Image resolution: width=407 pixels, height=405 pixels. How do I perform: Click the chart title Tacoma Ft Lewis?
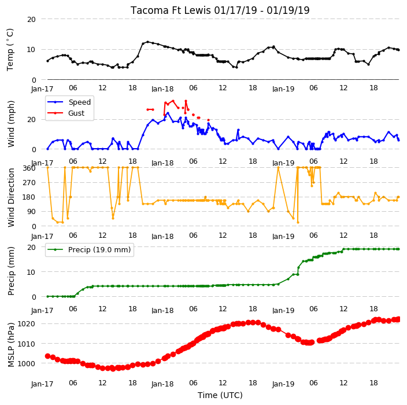click(171, 10)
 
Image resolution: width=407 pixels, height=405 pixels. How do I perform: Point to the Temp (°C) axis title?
click(10, 49)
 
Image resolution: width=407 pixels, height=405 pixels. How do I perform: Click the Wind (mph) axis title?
click(11, 124)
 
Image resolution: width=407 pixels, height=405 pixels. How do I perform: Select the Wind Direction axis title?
click(11, 197)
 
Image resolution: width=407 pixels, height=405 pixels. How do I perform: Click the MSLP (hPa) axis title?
click(11, 344)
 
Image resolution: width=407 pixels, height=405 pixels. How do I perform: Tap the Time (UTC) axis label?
click(220, 395)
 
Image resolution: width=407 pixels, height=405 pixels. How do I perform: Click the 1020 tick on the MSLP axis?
click(26, 323)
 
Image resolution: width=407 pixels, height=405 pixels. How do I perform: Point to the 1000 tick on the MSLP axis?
click(26, 363)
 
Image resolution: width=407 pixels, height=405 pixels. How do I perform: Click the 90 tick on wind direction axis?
click(31, 212)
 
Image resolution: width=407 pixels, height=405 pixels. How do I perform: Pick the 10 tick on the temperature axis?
click(31, 50)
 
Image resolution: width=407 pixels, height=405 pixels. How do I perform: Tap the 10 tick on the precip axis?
click(31, 272)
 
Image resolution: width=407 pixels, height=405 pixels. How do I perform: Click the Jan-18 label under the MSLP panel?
click(162, 384)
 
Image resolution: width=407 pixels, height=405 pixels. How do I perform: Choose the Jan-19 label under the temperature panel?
click(283, 89)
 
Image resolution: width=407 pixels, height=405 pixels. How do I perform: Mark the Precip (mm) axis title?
click(11, 271)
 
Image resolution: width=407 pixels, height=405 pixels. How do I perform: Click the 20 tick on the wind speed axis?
click(31, 120)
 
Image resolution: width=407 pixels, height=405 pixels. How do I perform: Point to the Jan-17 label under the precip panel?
click(42, 311)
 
